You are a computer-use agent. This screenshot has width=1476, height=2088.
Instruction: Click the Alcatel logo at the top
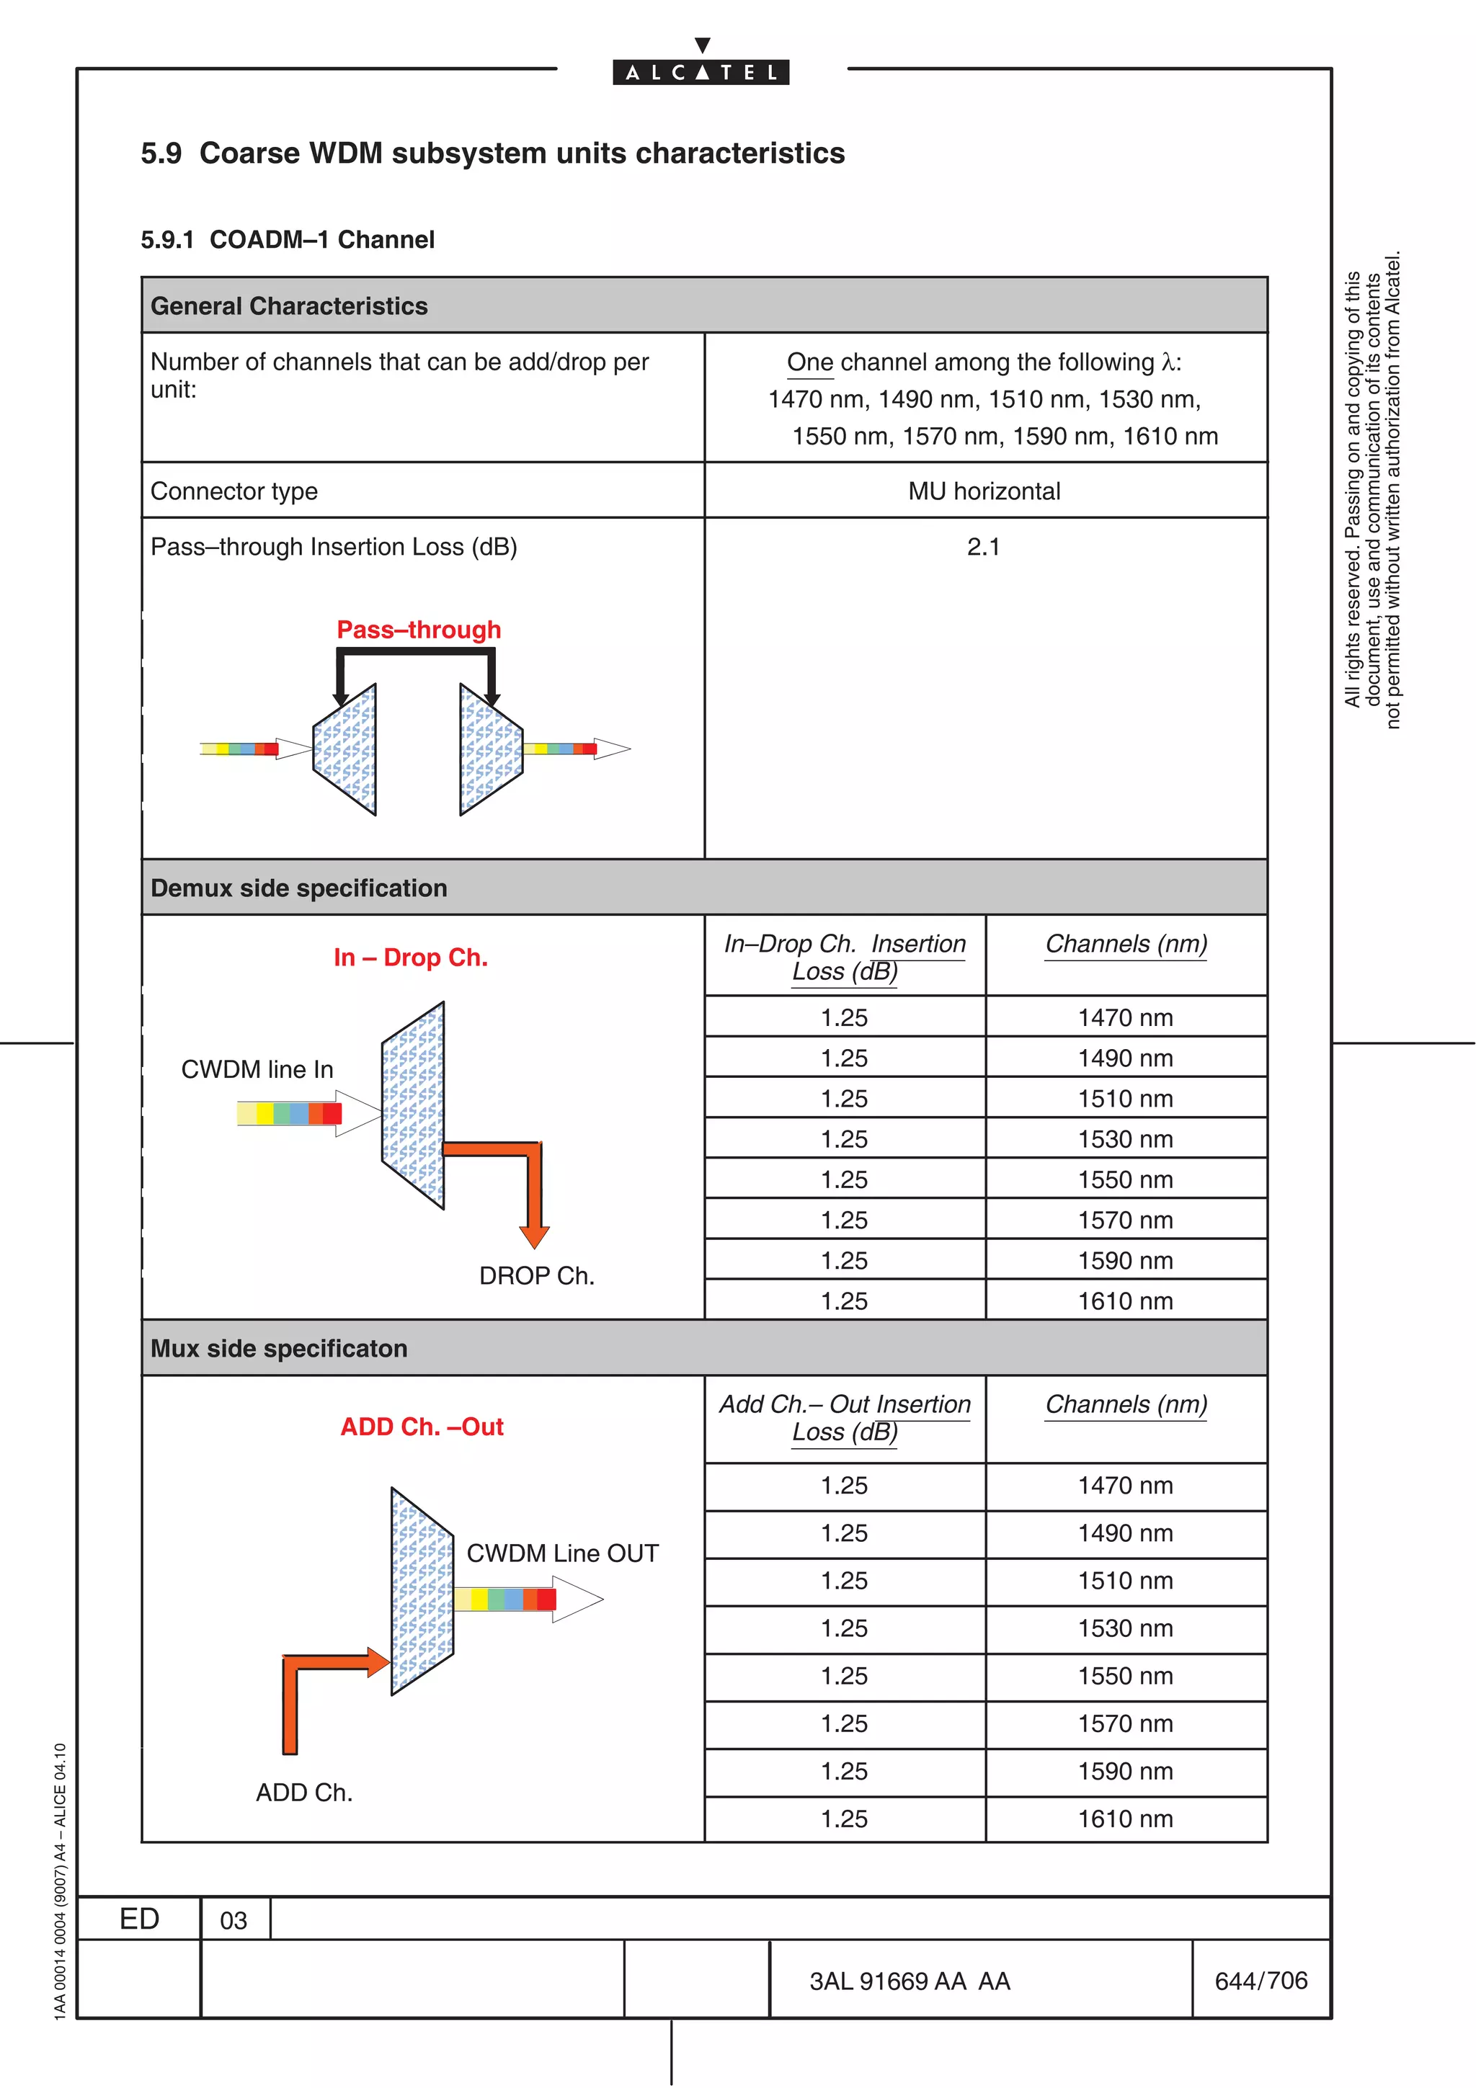[701, 71]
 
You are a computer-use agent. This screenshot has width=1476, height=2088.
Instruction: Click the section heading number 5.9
[161, 153]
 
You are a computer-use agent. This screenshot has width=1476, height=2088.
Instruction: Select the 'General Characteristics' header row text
[289, 305]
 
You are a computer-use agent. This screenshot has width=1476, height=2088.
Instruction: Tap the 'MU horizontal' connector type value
[984, 491]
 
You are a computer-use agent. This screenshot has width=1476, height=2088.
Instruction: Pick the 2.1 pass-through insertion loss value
[983, 547]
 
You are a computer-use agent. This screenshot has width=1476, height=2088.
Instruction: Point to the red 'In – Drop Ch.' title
[410, 957]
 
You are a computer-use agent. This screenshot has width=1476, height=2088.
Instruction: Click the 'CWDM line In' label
[257, 1068]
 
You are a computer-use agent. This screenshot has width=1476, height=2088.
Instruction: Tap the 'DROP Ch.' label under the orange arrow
[536, 1275]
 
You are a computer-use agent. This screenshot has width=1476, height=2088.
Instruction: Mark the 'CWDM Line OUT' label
[562, 1553]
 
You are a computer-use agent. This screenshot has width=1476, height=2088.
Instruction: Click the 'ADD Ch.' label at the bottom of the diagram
[303, 1792]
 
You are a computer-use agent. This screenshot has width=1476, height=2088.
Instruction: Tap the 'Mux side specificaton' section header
[279, 1348]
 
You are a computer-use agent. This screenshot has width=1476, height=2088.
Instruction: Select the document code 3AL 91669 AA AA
[910, 1981]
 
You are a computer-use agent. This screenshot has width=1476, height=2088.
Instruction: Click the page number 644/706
[1261, 1980]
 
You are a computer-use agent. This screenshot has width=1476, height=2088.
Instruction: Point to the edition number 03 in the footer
[234, 1921]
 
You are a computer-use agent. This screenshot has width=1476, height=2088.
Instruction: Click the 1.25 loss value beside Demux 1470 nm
[844, 1017]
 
